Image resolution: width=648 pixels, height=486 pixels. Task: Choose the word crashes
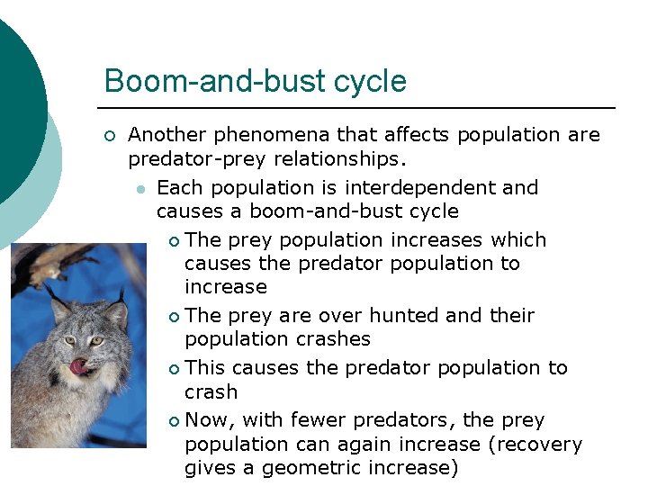(337, 339)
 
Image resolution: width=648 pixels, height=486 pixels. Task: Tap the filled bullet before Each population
(139, 189)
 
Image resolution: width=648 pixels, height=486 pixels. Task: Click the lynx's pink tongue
(80, 366)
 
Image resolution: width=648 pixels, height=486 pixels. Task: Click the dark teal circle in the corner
(13, 108)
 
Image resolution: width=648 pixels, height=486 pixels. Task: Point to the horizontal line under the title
(360, 108)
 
